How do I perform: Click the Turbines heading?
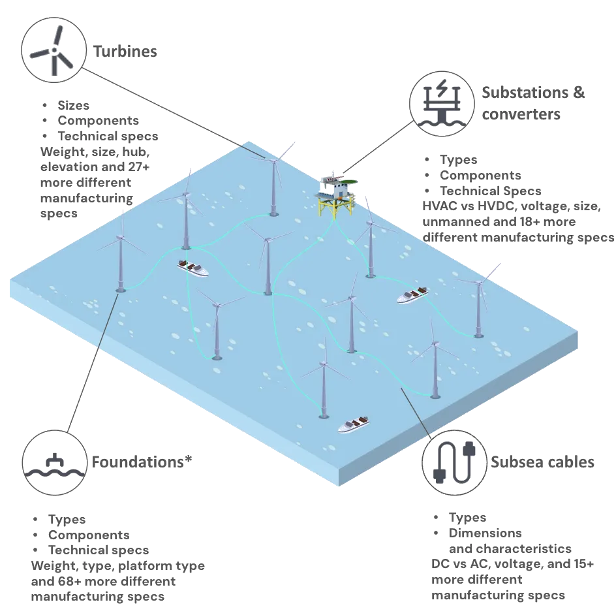(125, 52)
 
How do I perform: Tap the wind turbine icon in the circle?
(54, 51)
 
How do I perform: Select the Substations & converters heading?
(533, 103)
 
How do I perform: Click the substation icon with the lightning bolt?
(442, 102)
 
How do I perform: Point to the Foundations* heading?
(142, 462)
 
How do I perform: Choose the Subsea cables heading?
(542, 462)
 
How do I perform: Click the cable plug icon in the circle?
(454, 462)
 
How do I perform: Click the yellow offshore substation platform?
(336, 195)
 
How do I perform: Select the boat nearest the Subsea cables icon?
(354, 424)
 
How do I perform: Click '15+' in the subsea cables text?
(583, 564)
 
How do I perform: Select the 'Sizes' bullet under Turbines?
(74, 105)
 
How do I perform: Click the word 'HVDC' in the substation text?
(495, 206)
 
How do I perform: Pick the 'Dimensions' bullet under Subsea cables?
(485, 533)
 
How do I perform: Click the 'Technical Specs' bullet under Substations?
(490, 191)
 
